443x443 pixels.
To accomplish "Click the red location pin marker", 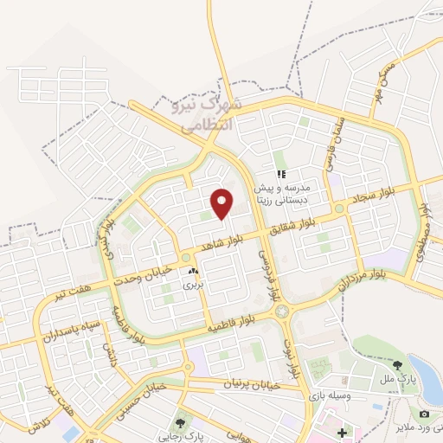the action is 222,203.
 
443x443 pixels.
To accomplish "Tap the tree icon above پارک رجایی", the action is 180,423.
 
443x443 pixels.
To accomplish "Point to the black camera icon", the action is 424,414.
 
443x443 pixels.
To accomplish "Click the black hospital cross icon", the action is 342,432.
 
